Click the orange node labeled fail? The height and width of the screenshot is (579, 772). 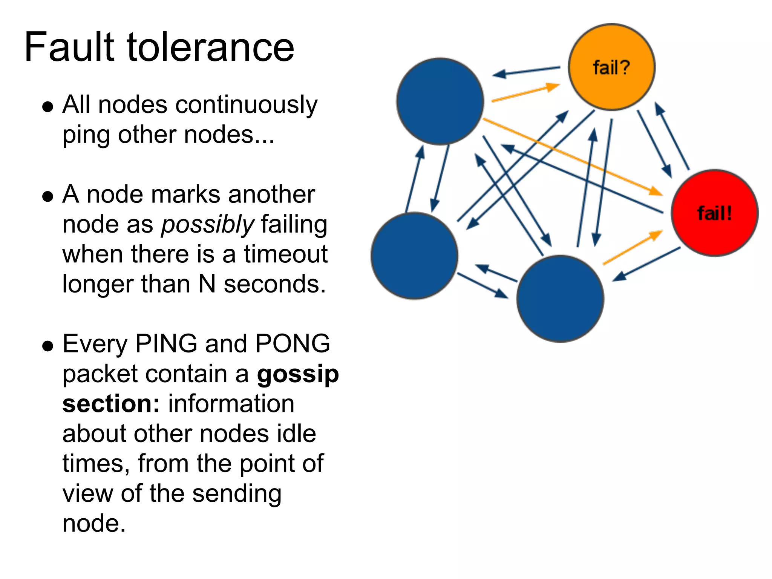tap(611, 67)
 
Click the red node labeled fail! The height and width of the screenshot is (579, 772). tap(714, 213)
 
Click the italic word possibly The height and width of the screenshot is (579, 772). tap(208, 224)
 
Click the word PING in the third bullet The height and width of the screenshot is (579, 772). tap(166, 344)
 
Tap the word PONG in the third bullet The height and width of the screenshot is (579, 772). tap(293, 344)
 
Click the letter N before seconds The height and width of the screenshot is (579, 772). tap(207, 284)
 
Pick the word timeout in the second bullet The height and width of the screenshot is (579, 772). tap(285, 254)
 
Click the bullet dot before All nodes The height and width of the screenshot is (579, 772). tap(47, 107)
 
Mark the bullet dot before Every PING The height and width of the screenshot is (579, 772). tap(47, 346)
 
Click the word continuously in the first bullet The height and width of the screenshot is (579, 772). tap(246, 105)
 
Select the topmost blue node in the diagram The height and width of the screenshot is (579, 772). tap(440, 101)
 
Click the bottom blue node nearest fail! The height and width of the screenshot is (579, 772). tap(560, 299)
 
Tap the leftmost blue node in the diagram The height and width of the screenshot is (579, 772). tap(414, 256)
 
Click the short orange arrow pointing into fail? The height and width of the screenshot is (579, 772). tap(526, 93)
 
